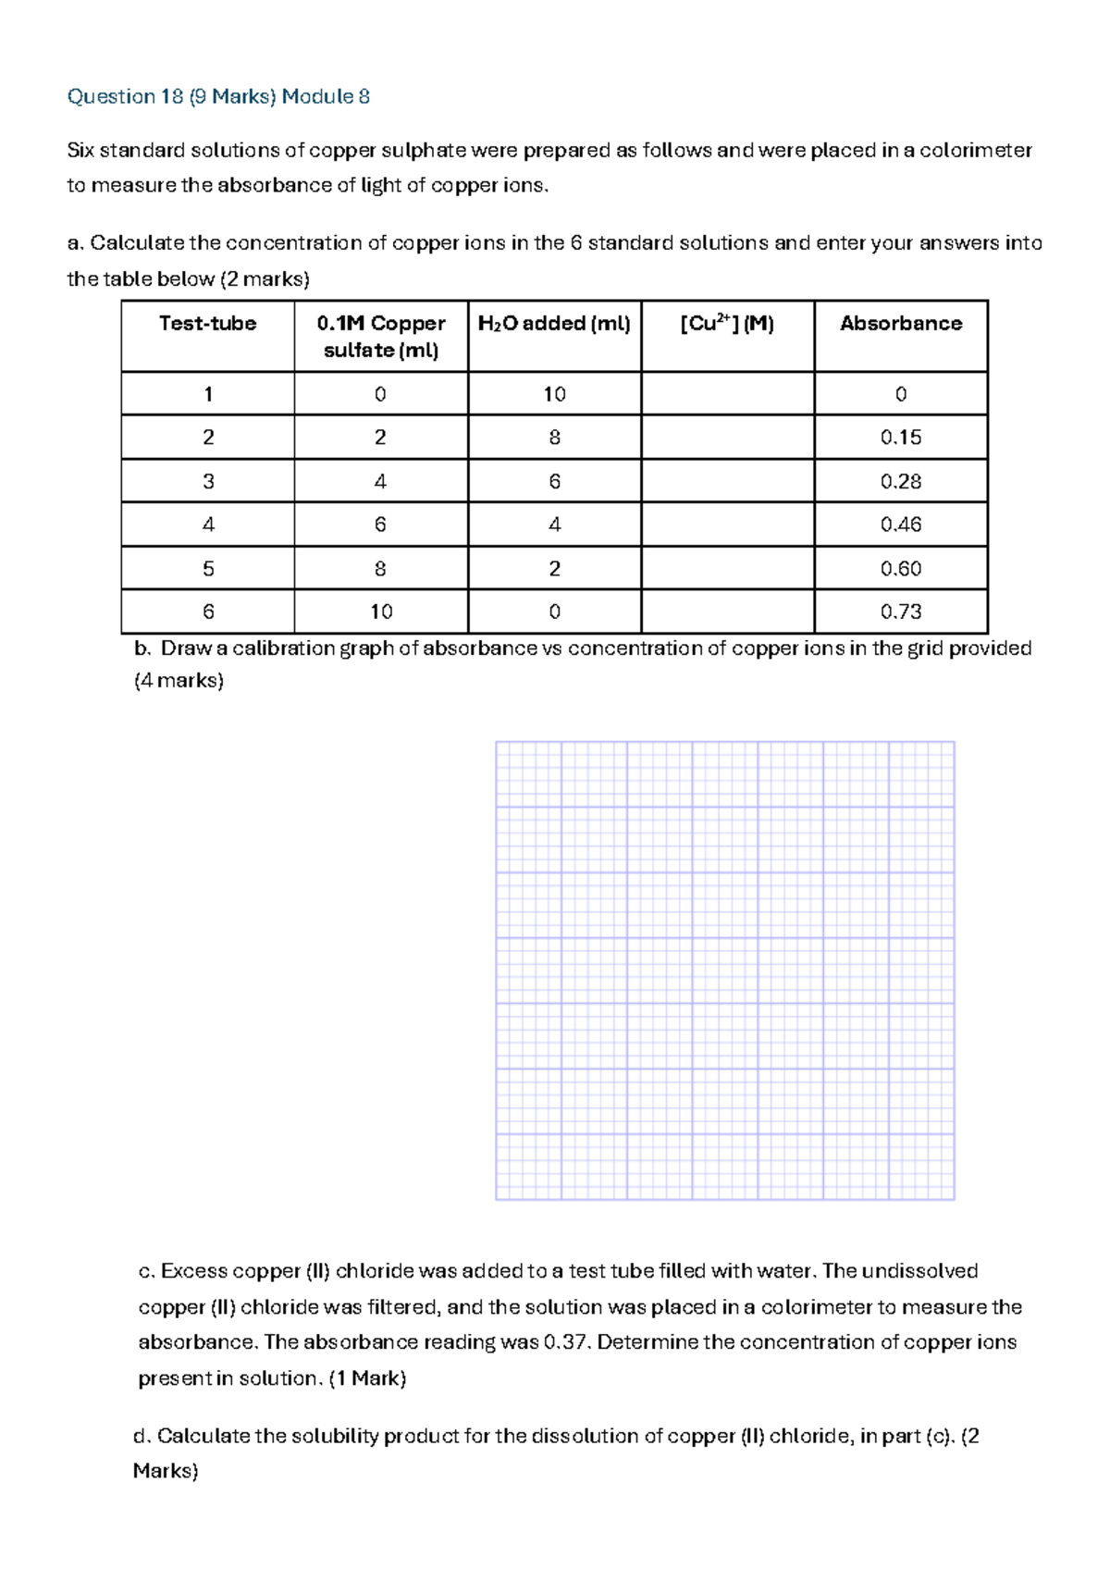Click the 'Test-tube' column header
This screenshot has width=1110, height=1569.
coord(207,324)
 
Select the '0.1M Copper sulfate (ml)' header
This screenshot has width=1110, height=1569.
coord(381,337)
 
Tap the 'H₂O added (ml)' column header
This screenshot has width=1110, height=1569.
coord(554,324)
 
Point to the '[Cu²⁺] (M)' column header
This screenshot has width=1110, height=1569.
coord(727,324)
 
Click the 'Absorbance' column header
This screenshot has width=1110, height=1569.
coord(901,324)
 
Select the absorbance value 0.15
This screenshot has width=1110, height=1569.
coord(901,438)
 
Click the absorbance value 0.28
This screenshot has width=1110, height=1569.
coord(901,481)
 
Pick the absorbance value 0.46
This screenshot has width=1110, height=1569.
coord(901,525)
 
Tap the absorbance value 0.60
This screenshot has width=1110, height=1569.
coord(901,568)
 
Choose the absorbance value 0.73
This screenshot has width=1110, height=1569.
coord(901,612)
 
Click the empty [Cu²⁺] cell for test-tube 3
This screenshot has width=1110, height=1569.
coord(728,481)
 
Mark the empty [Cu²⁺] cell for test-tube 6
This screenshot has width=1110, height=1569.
coord(728,612)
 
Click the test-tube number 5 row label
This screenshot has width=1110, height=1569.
coord(208,568)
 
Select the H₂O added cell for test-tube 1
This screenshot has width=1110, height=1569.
coord(554,394)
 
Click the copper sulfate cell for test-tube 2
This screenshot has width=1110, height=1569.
coord(380,438)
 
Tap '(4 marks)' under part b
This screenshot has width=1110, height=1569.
coord(179,681)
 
